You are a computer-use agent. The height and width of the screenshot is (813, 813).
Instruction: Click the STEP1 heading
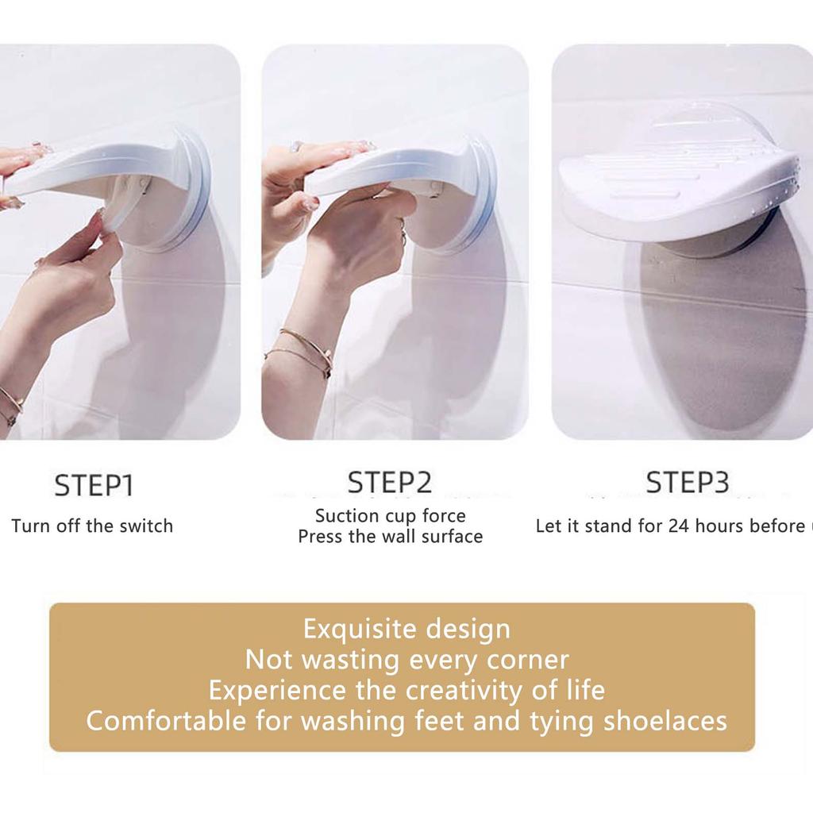point(93,485)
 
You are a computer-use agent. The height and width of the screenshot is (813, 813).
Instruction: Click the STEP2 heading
point(390,482)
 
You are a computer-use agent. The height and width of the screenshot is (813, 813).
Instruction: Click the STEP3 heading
point(688,482)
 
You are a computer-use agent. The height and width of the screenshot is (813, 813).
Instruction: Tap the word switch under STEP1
point(145,526)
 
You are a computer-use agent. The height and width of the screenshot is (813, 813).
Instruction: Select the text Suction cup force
point(390,515)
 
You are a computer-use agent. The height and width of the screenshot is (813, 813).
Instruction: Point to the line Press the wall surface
point(390,537)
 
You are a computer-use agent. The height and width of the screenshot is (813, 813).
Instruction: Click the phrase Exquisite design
point(406,629)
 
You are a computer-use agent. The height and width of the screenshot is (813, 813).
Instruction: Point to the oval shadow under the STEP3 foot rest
point(715,333)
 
